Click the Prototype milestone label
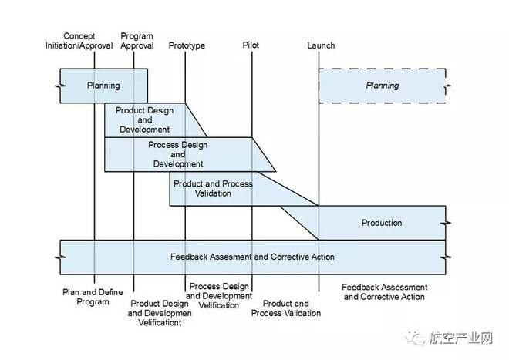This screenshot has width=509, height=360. [187, 45]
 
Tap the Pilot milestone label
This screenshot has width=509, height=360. [251, 45]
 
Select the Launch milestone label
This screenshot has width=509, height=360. [321, 45]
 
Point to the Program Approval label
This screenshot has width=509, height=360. [137, 41]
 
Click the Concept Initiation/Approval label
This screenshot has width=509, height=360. [79, 41]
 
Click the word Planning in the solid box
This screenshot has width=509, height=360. [103, 86]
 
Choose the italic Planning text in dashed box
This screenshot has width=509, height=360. [382, 86]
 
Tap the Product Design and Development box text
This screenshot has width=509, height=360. [144, 119]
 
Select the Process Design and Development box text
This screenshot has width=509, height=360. [178, 154]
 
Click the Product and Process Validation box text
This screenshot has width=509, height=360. [213, 188]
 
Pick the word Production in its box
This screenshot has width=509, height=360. [382, 223]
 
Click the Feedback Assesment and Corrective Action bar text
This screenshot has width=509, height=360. [252, 257]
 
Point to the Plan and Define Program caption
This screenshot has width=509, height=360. [93, 297]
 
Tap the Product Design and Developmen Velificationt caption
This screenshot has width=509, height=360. [160, 313]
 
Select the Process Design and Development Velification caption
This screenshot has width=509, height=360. [219, 296]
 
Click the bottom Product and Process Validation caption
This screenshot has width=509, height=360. [286, 308]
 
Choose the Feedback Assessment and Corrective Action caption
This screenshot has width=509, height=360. [384, 292]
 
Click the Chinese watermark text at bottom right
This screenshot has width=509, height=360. [461, 338]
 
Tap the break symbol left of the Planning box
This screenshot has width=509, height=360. [60, 86]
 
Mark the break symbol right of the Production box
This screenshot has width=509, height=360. [446, 223]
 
